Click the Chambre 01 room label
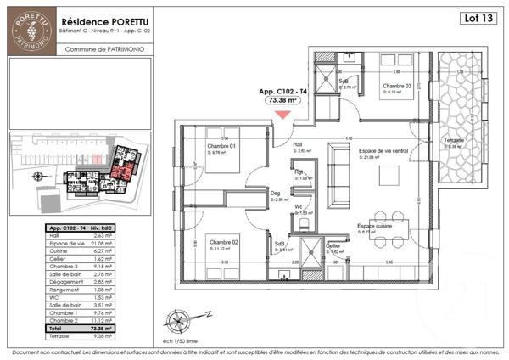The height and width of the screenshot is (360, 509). tap(221, 146)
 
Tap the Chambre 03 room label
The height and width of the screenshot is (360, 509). tap(395, 87)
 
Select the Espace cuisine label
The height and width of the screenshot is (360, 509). tap(375, 227)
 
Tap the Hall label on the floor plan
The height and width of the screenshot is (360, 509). tap(299, 145)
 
